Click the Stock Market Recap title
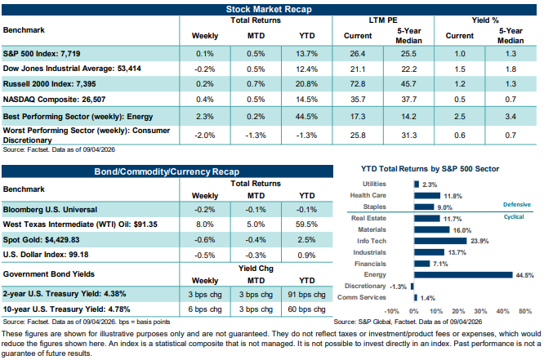pos(269,9)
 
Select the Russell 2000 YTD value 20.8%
pos(306,84)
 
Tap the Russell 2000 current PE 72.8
pos(358,84)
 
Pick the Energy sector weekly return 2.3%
pos(205,117)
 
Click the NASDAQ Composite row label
pos(54,100)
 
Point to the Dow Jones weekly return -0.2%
pos(205,69)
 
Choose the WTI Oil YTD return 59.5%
pos(306,224)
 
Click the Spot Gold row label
pos(42,240)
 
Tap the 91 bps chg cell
pos(306,295)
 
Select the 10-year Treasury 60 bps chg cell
pos(306,309)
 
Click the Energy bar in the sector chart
pos(463,275)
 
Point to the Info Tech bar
pos(440,241)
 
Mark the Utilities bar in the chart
pos(417,184)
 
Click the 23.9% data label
pos(479,241)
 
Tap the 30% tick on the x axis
pos(480,311)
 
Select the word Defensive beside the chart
pos(517,205)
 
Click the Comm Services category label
pos(362,297)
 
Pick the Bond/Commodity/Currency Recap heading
pos(167,171)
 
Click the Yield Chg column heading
pos(256,269)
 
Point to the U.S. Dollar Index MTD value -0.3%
pos(256,256)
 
